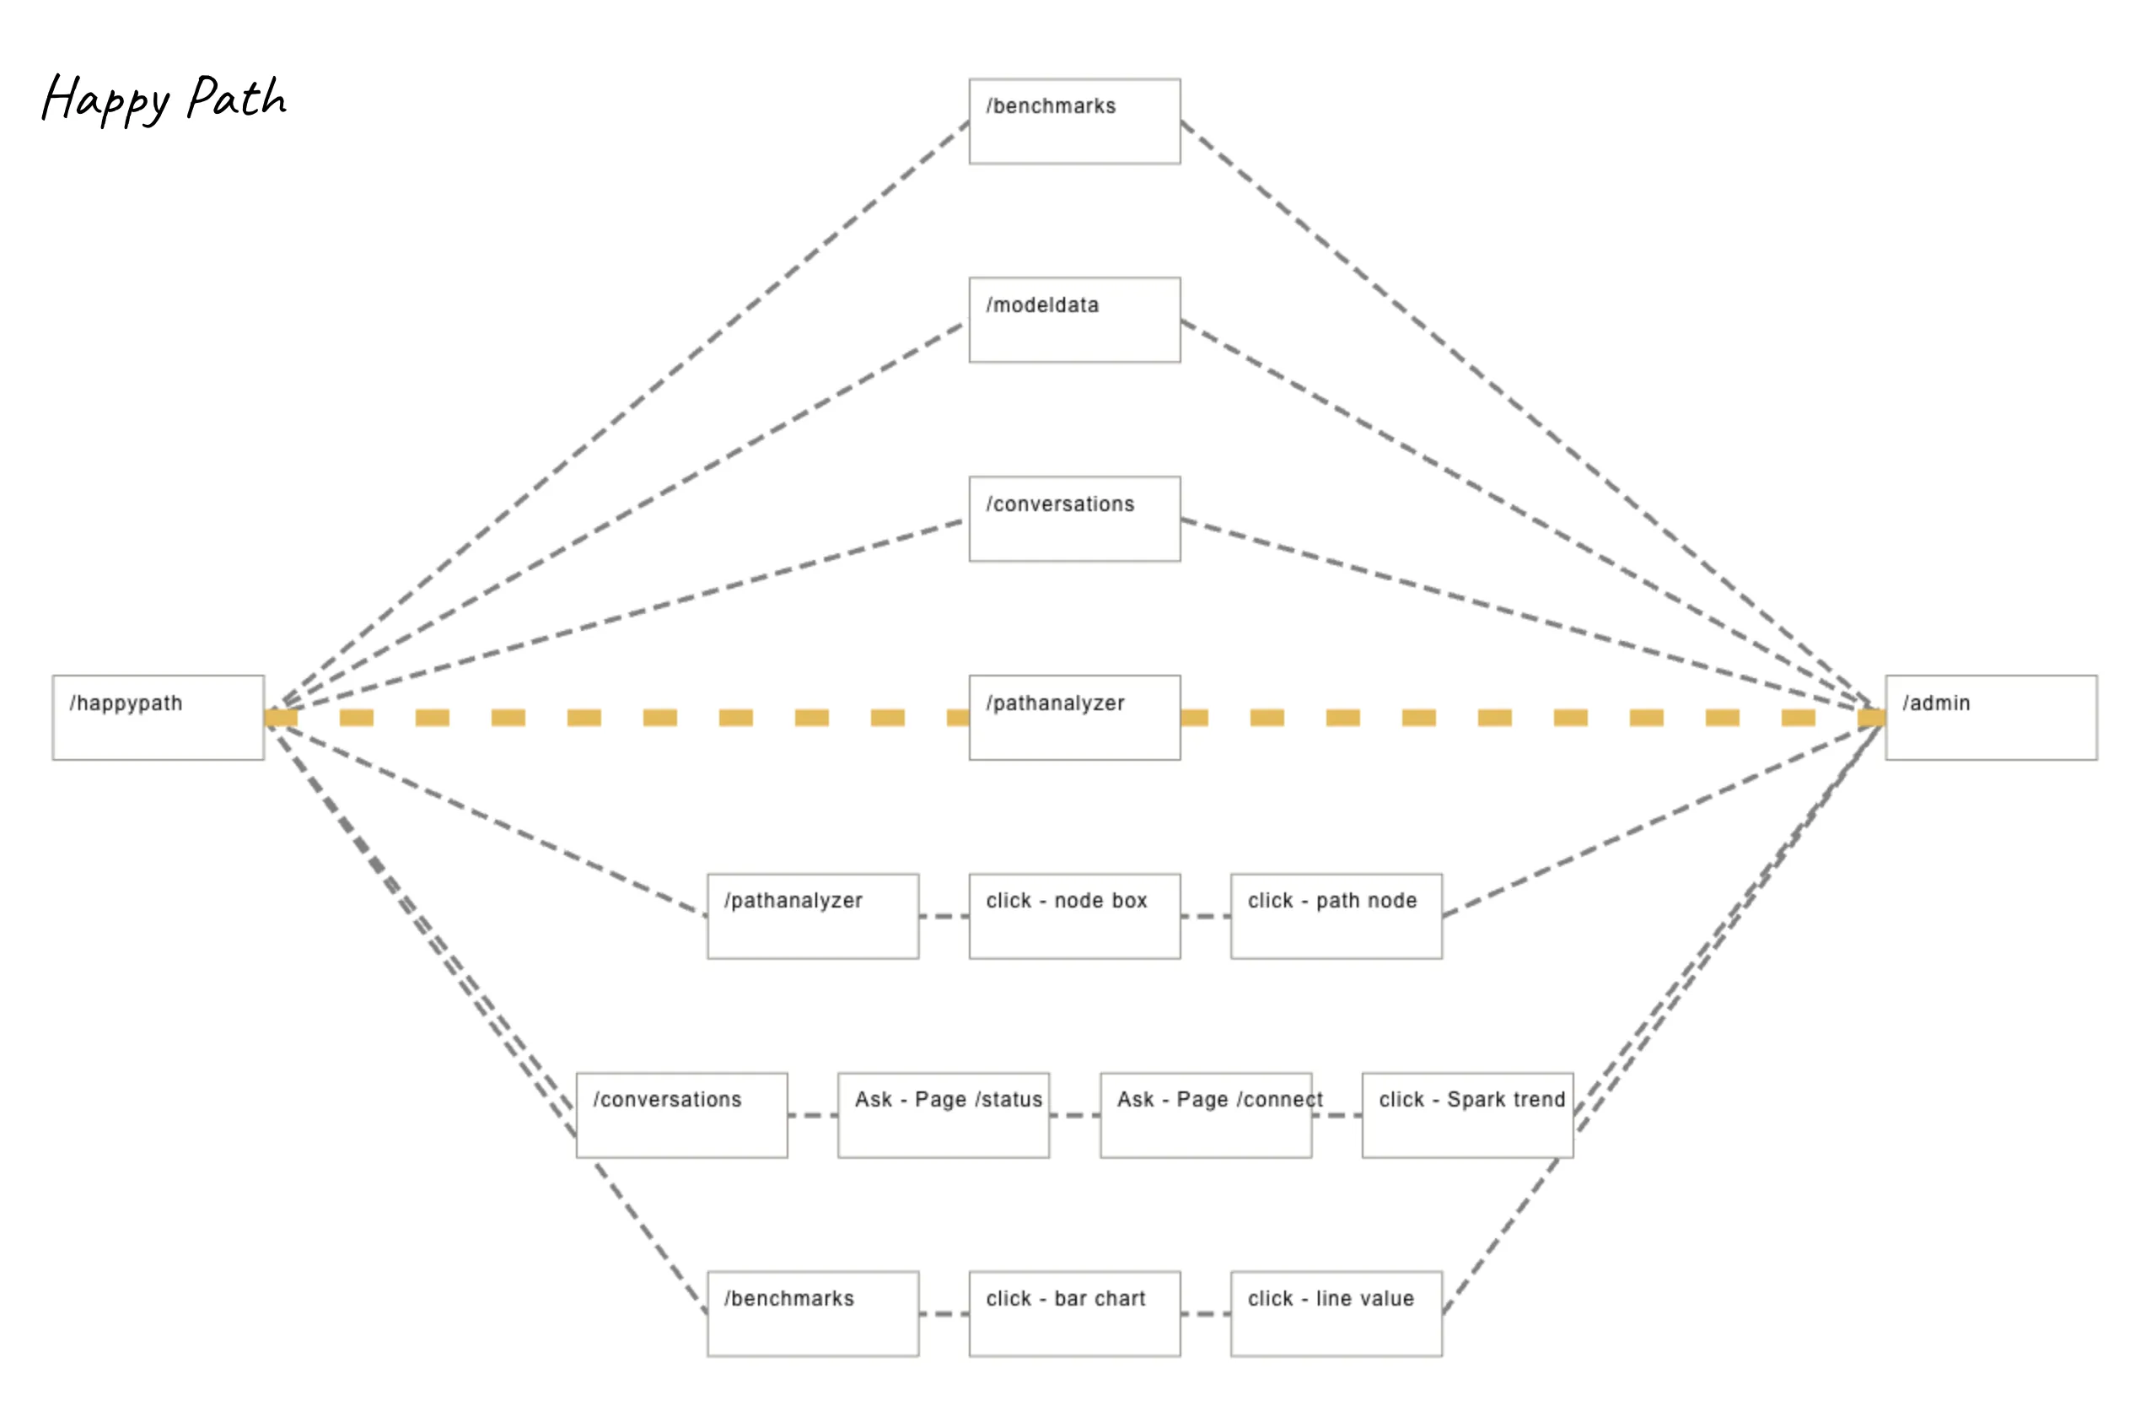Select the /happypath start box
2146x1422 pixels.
point(158,718)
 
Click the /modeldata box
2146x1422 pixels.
point(1074,320)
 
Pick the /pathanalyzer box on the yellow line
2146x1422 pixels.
point(1074,718)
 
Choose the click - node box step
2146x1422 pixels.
point(1074,916)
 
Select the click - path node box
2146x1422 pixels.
point(1336,916)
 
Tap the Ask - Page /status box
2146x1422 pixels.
point(943,1116)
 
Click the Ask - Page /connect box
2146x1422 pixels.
point(1205,1116)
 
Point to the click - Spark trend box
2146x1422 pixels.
point(1467,1116)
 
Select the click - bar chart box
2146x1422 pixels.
point(1074,1314)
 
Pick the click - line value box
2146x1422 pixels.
point(1336,1314)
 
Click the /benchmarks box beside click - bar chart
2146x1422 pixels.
point(812,1314)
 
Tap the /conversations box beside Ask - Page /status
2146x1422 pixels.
point(682,1116)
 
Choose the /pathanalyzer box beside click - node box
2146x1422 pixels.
point(812,916)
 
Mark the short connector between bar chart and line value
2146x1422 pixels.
point(1205,1314)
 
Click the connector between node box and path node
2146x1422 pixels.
point(1205,916)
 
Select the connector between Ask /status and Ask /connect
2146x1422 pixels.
point(1074,1116)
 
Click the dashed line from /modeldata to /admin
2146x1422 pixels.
point(1523,508)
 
